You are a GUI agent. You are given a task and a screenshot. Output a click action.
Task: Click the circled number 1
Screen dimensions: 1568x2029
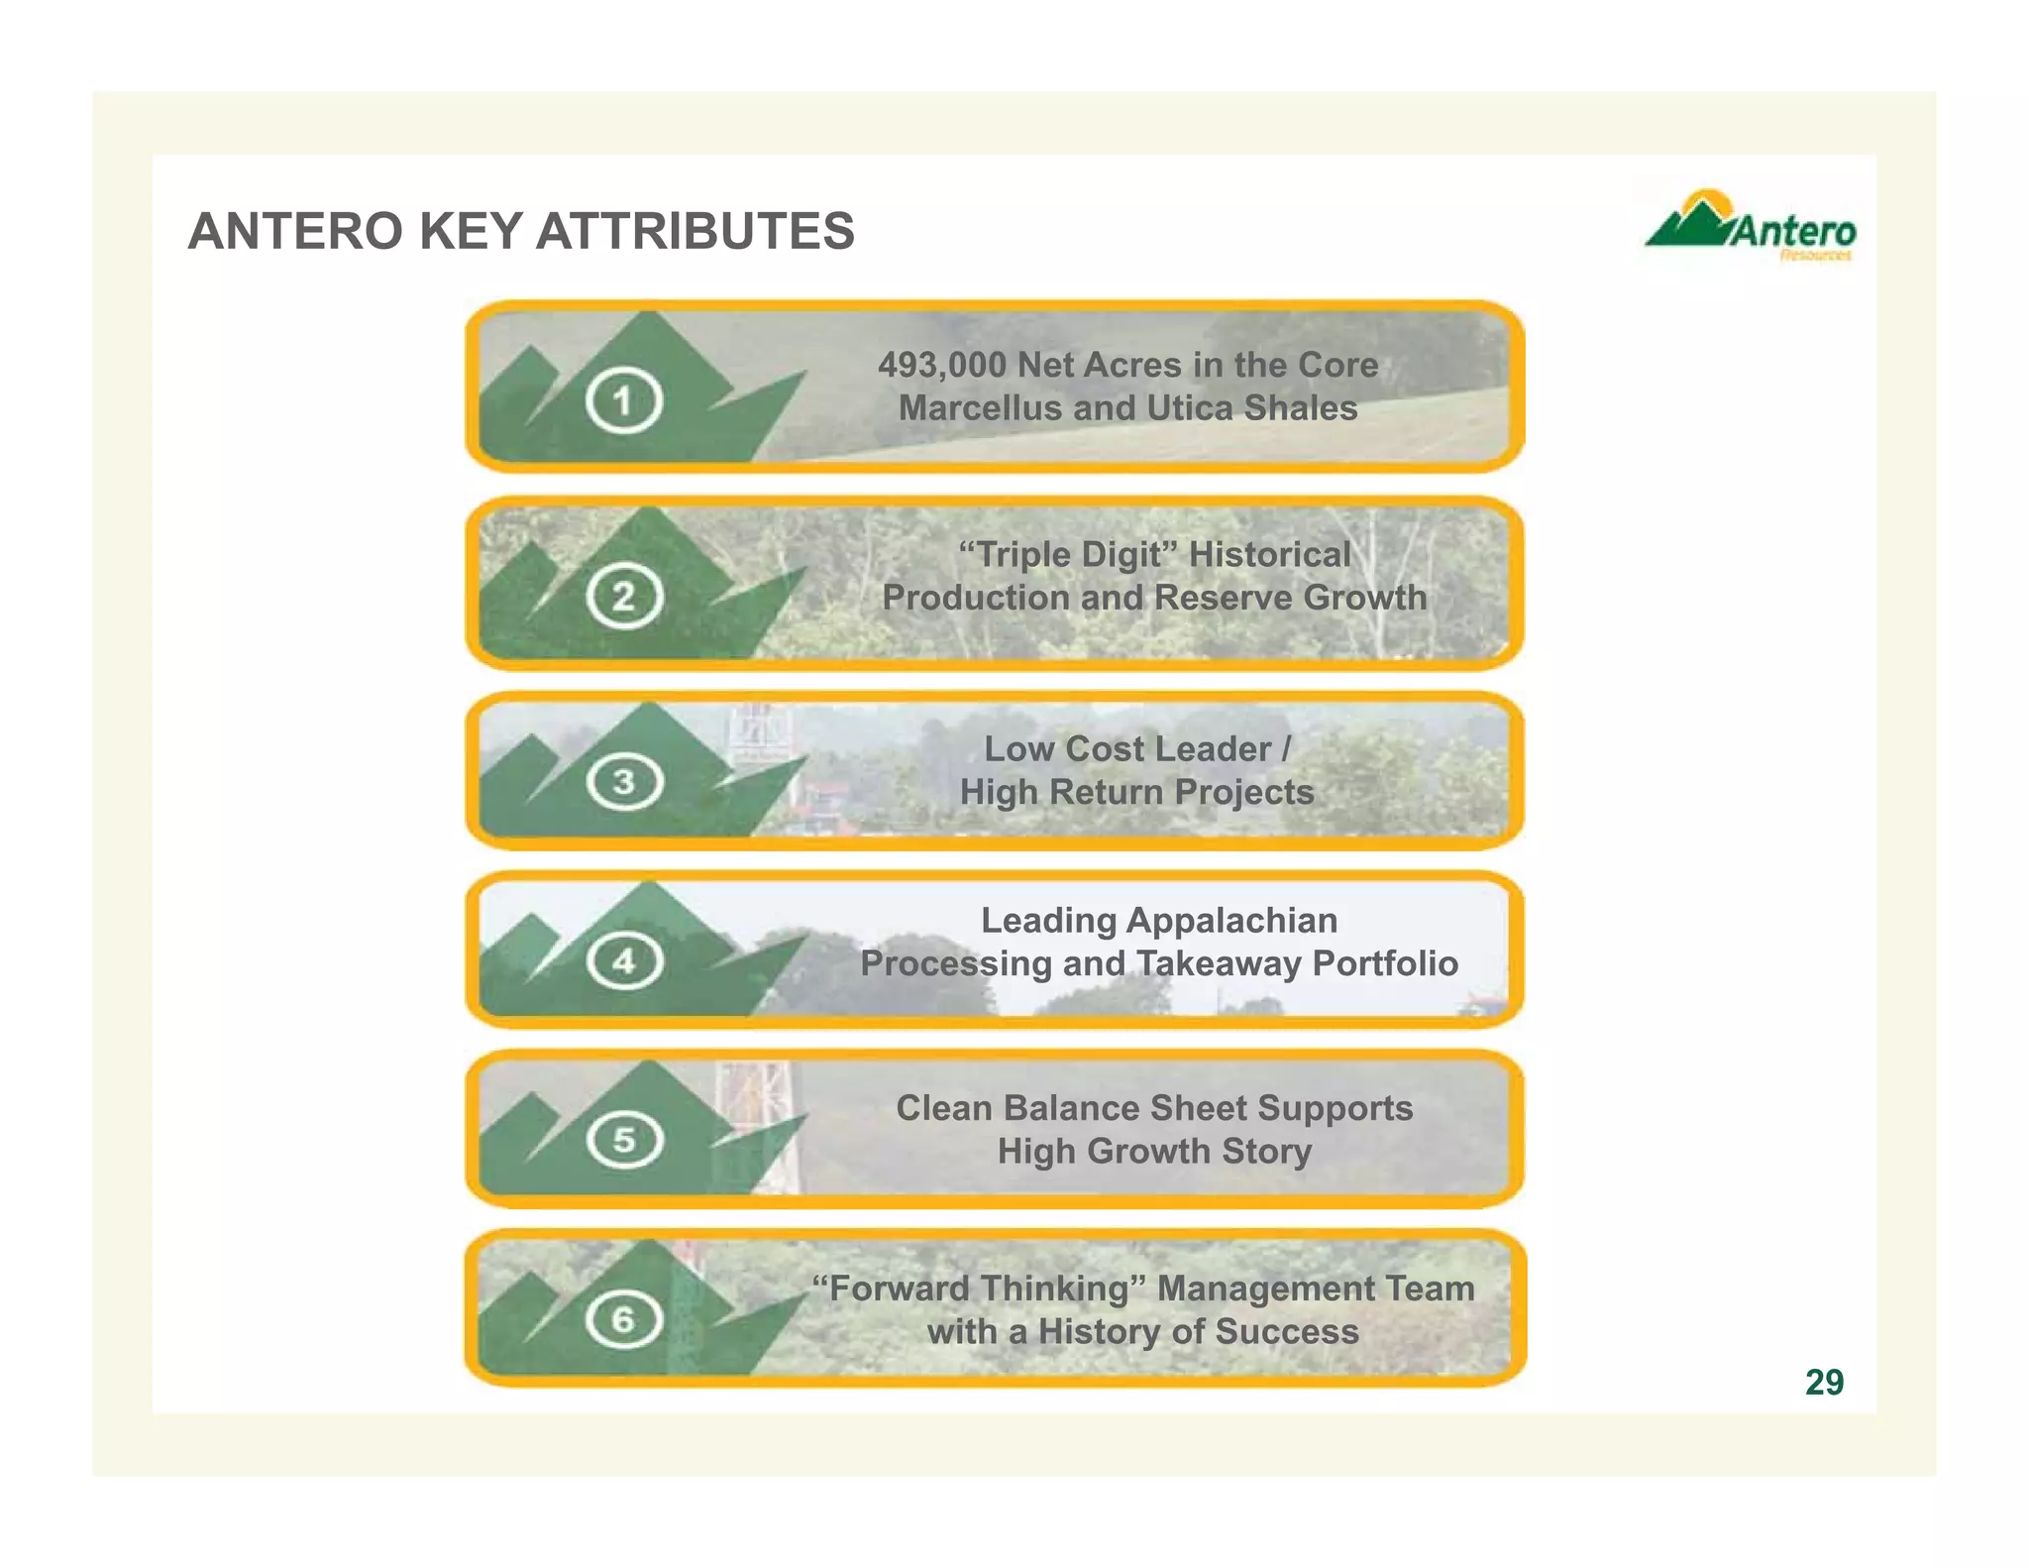[623, 400]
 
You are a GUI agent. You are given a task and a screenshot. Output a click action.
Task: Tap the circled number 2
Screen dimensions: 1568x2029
[623, 597]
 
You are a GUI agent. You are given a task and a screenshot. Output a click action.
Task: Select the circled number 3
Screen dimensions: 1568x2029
[623, 782]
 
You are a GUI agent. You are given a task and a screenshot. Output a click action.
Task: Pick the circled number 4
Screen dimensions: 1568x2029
[623, 960]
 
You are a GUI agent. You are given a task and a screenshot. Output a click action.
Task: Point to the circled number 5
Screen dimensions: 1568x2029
[623, 1140]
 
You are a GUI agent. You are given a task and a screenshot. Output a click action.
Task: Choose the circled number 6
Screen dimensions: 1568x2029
[623, 1319]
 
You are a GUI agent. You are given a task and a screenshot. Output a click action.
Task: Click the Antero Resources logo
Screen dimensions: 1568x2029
[1750, 228]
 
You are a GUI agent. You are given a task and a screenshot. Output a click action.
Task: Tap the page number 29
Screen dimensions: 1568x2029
[1824, 1382]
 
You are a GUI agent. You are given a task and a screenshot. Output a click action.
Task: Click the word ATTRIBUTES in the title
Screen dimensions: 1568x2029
[694, 231]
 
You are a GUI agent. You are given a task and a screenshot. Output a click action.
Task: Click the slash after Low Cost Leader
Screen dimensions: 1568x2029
[1286, 748]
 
